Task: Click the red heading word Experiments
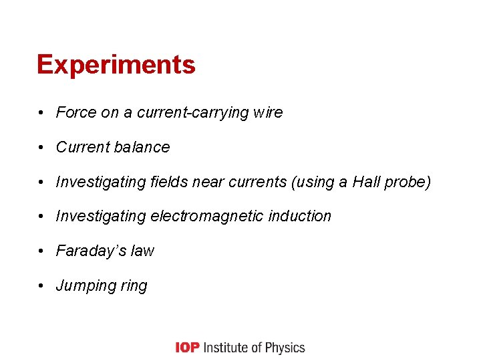pos(116,66)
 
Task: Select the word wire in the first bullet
pos(269,112)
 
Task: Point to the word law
pos(142,251)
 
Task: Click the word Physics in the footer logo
pos(284,348)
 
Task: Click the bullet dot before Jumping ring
pos(41,286)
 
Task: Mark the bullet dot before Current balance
pos(41,147)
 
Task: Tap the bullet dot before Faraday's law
pos(41,251)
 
